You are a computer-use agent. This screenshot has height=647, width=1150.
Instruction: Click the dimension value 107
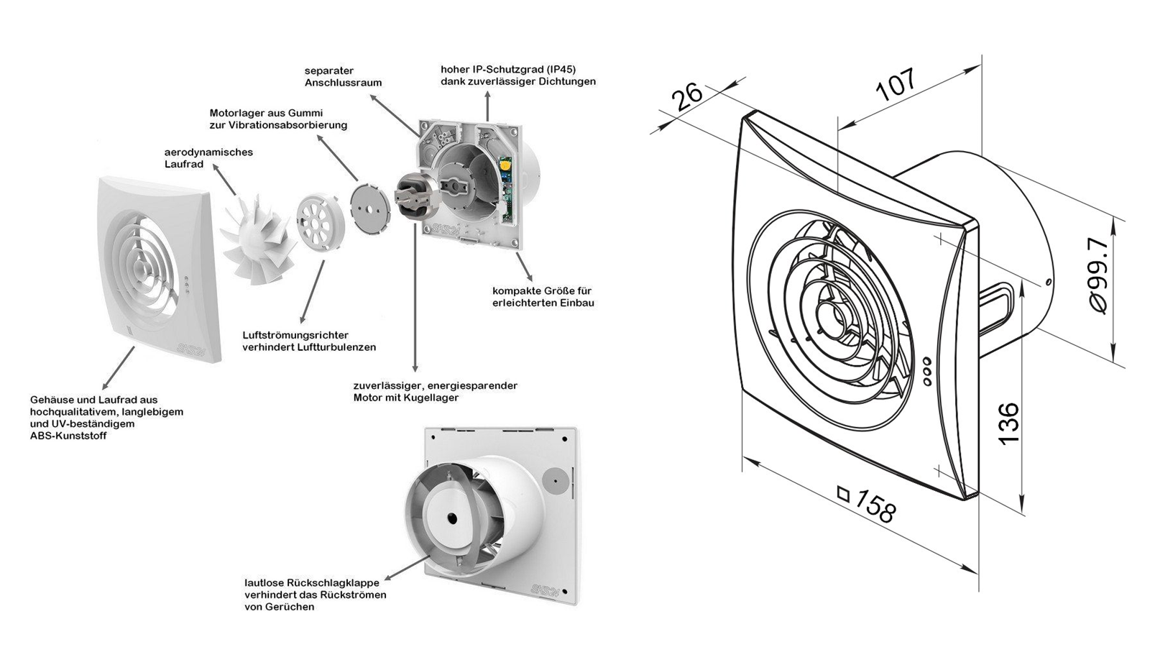point(896,84)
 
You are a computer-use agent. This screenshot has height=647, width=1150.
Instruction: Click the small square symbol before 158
point(843,495)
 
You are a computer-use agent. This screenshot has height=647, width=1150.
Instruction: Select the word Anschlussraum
point(343,83)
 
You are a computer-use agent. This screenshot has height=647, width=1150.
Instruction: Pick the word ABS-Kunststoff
point(68,436)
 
